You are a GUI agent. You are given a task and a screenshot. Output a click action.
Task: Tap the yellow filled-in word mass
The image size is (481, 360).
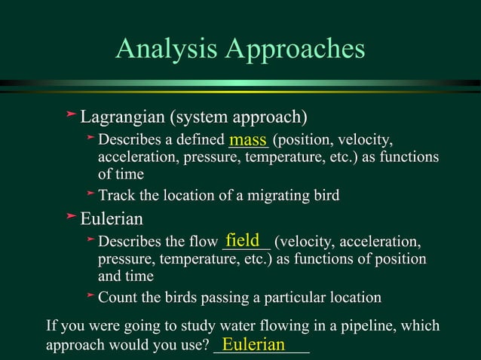(x=248, y=139)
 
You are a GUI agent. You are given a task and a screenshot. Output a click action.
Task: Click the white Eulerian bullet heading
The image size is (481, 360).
(x=112, y=219)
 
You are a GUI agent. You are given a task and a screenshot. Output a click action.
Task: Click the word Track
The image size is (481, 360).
(x=116, y=196)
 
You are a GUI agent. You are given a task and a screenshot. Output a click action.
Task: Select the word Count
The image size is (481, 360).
(x=118, y=297)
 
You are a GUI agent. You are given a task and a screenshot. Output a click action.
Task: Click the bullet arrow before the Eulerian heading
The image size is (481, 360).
(x=71, y=217)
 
